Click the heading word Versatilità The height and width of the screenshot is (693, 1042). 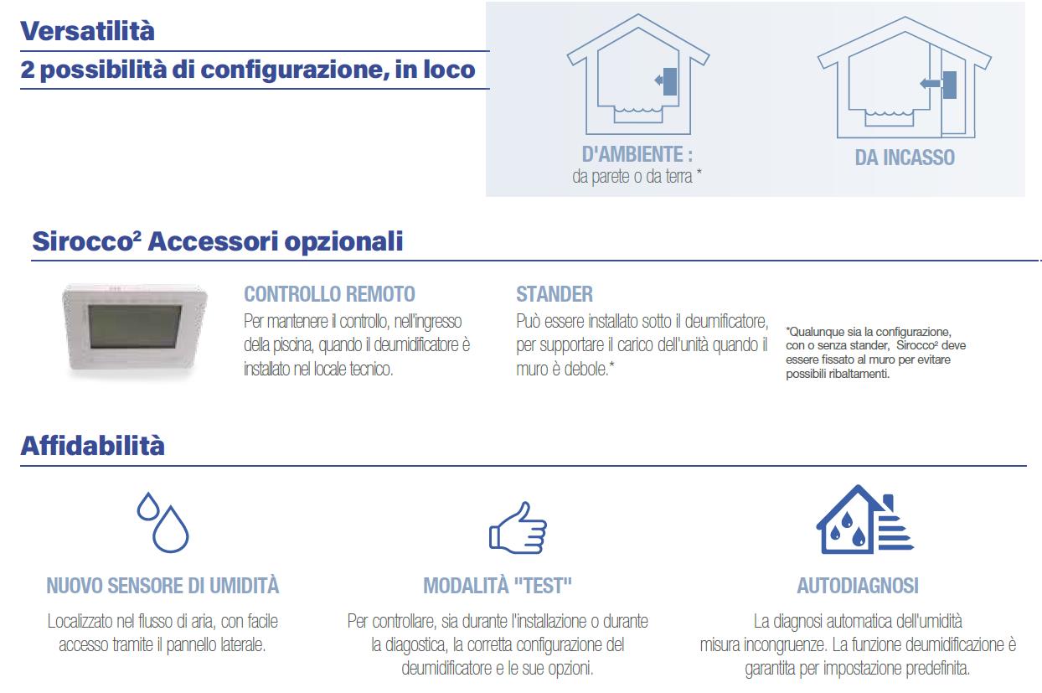(x=87, y=31)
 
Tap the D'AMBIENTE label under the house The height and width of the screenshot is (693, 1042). (x=637, y=154)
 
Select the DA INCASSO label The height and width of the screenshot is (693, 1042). (x=905, y=158)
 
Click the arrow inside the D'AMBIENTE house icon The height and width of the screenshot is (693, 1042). (x=658, y=80)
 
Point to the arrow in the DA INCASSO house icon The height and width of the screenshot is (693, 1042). (x=931, y=84)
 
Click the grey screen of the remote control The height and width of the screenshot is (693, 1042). (x=134, y=326)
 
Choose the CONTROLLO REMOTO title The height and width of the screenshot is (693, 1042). (x=329, y=294)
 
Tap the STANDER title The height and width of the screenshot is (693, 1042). (x=555, y=294)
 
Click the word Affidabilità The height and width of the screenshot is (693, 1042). (x=93, y=446)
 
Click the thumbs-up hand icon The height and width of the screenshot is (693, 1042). (x=518, y=528)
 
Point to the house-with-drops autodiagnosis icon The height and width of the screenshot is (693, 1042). (x=864, y=520)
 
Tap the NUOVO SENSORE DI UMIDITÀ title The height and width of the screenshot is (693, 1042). (x=162, y=586)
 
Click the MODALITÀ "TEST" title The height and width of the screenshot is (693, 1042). (x=498, y=586)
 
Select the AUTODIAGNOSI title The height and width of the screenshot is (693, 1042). (x=858, y=586)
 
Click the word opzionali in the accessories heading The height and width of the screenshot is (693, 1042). (x=343, y=242)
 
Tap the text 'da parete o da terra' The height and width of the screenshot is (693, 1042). (x=632, y=176)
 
